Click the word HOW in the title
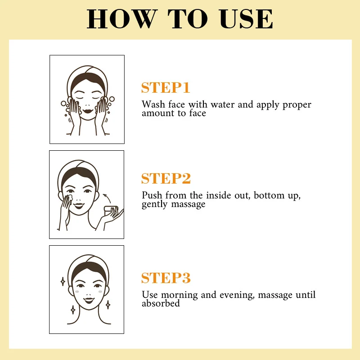point(122,19)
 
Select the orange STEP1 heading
point(166,87)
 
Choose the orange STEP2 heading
point(166,178)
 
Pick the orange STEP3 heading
point(166,278)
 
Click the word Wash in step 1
point(153,104)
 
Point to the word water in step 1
point(222,105)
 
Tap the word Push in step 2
point(152,195)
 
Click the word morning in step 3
point(179,295)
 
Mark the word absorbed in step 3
point(161,303)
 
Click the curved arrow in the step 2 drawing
point(107,198)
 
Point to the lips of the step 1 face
point(88,111)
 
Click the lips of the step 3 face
point(89,300)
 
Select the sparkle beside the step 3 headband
point(63,282)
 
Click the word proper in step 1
point(297,105)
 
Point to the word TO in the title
point(187,19)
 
